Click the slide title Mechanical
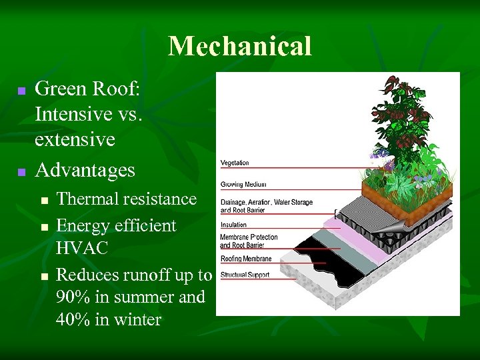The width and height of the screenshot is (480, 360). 240,46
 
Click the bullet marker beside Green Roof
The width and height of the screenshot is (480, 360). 21,90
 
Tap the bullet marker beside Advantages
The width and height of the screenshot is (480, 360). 21,172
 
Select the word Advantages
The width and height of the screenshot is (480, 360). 85,170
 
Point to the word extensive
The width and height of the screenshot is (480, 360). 75,140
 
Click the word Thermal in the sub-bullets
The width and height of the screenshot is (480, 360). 83,199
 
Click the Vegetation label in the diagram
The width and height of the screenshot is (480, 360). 235,163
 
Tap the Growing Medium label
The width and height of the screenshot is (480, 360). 243,184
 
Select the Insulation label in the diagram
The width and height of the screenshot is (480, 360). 234,225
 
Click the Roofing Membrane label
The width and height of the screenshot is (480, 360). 246,259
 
